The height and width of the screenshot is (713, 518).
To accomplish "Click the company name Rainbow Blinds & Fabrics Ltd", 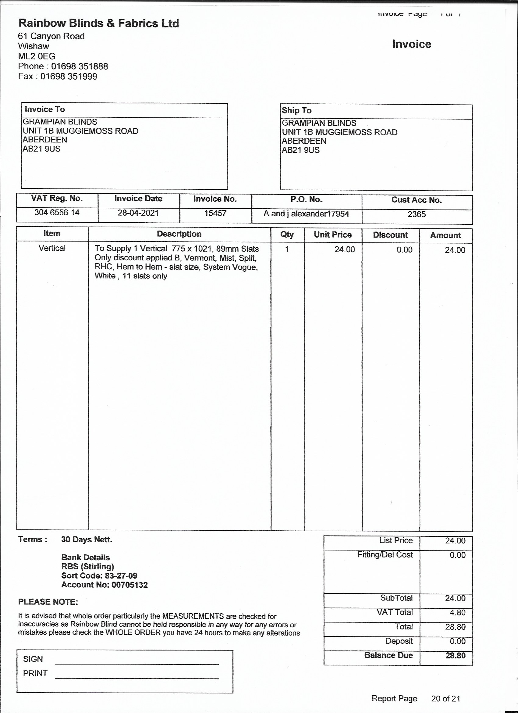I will tap(99, 23).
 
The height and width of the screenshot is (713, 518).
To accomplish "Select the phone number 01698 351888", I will tap(80, 66).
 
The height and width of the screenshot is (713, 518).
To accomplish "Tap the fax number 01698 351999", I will tap(69, 76).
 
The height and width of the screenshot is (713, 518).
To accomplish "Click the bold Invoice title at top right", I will tap(412, 44).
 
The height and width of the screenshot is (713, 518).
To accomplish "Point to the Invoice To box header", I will tap(45, 109).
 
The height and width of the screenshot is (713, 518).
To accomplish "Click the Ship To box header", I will tap(296, 111).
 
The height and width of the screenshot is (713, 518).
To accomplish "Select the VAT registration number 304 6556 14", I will tap(57, 213).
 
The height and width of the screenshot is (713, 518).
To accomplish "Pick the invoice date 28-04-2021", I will tap(138, 213).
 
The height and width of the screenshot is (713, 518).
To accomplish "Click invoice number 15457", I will tap(215, 213).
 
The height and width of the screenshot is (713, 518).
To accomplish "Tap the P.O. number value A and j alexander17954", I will tap(306, 214).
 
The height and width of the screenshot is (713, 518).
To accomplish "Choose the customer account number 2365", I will tap(417, 214).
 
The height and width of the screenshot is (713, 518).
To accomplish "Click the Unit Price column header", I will tap(333, 235).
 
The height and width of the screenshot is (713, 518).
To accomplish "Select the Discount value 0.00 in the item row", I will tap(404, 250).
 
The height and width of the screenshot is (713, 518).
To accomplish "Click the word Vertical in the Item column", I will tap(52, 248).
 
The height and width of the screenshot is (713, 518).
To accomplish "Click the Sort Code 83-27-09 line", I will tap(99, 576).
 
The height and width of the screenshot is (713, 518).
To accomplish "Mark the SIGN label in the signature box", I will tap(33, 659).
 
